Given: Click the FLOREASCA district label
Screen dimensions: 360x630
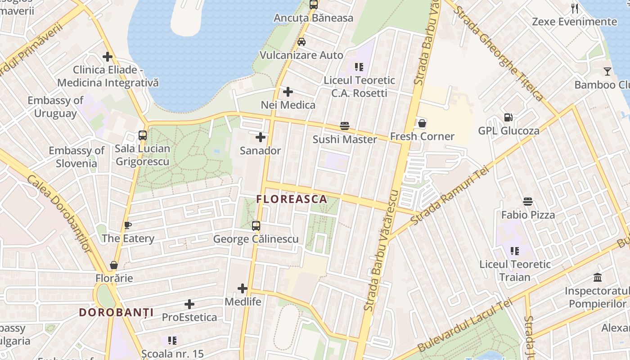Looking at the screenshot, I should (292, 199).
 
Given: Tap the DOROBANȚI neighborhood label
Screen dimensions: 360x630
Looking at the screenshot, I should (116, 312).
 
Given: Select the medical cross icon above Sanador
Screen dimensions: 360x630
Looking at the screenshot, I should (261, 137).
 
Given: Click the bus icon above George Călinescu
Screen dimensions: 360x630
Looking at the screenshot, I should (256, 226).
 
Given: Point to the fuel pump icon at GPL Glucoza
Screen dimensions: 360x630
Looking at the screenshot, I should (508, 117).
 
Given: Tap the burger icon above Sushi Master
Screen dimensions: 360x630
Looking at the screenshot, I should (345, 126).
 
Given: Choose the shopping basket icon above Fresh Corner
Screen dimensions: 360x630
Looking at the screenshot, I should (422, 123).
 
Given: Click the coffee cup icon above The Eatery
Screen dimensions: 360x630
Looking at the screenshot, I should (128, 225).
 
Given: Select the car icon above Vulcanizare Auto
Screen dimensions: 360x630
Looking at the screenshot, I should (301, 42).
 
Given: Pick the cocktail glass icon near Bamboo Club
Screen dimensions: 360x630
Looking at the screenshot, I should (607, 71).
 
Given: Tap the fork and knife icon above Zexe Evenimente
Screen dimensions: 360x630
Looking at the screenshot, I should (575, 8).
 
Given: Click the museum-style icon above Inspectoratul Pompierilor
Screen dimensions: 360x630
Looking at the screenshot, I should (598, 277).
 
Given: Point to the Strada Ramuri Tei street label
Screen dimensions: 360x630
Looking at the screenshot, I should (450, 196).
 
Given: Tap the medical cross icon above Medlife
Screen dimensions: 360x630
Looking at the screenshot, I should (243, 288).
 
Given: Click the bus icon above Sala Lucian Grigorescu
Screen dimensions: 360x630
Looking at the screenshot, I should (143, 135).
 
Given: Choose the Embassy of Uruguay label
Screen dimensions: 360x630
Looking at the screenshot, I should (55, 107).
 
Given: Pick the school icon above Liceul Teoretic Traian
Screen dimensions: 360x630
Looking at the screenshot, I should (515, 251).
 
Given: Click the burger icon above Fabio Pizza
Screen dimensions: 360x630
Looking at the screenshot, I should (528, 202).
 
